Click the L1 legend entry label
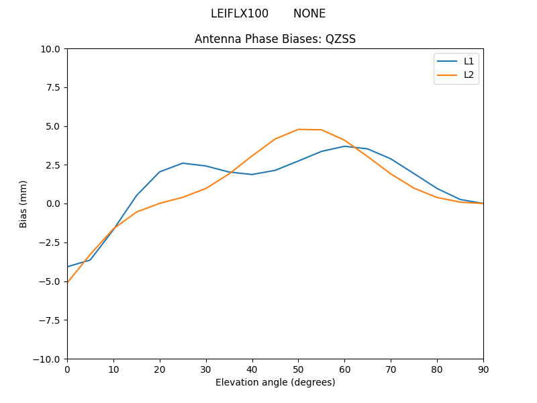[x=469, y=61]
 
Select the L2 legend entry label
[x=469, y=75]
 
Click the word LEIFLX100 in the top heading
[x=240, y=13]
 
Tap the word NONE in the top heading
[x=309, y=13]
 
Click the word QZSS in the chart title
[x=340, y=39]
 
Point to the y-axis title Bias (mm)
[x=23, y=204]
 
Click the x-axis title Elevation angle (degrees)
[x=275, y=382]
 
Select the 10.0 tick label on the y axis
[x=50, y=48]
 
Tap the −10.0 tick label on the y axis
[x=46, y=359]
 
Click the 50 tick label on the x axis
[x=298, y=369]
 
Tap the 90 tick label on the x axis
[x=483, y=369]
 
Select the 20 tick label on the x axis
[x=160, y=369]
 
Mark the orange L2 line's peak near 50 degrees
[x=298, y=129]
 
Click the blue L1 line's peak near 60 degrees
[x=344, y=146]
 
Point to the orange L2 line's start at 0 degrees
[x=68, y=282]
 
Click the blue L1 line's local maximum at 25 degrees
[x=183, y=163]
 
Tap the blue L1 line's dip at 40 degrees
[x=252, y=175]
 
